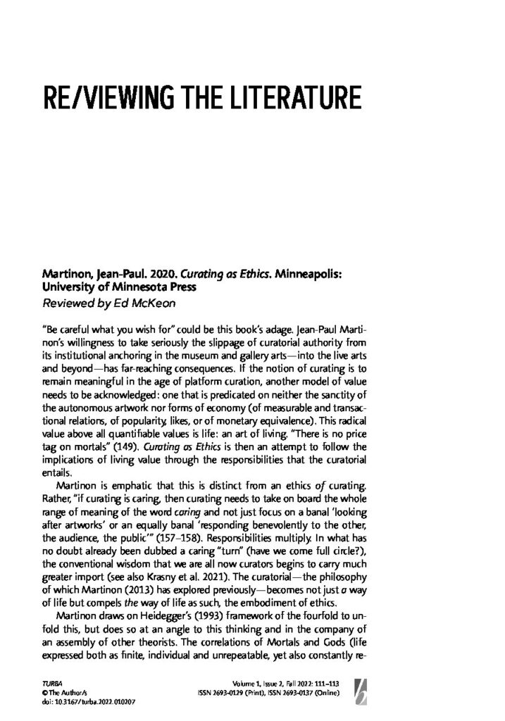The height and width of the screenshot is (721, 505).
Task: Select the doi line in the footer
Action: point(74,701)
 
